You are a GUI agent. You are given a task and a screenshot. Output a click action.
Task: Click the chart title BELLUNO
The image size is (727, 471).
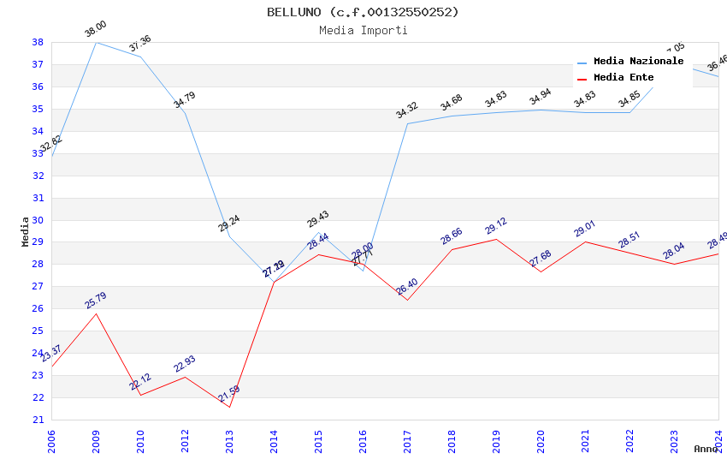click(363, 12)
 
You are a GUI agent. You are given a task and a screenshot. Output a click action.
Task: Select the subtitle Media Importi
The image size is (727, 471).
click(363, 31)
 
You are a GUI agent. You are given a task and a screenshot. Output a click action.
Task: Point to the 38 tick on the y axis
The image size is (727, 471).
click(38, 42)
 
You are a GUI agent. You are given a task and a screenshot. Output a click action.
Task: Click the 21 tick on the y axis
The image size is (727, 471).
click(38, 420)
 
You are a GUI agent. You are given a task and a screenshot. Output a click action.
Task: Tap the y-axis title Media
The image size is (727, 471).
click(26, 231)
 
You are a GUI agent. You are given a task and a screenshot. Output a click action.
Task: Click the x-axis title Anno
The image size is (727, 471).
click(706, 449)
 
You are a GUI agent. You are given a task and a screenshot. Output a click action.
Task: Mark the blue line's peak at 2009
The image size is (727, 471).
click(96, 42)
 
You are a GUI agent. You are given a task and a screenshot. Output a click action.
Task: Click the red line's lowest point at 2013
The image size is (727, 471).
click(229, 407)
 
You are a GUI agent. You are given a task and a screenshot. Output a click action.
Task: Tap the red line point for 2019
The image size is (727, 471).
click(496, 239)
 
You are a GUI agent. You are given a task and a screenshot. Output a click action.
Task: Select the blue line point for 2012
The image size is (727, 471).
click(185, 113)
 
